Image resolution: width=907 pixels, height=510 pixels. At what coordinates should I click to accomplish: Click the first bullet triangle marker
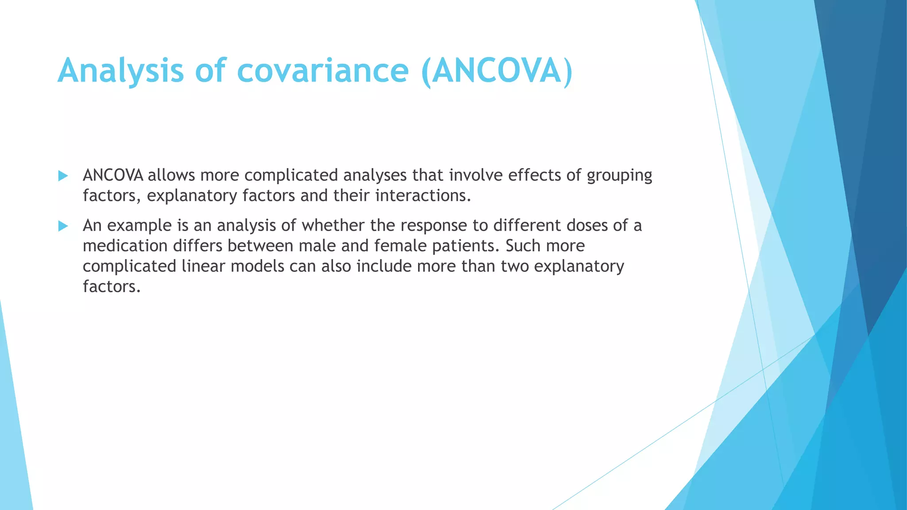coord(63,176)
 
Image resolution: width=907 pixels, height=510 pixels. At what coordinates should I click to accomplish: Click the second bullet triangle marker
coord(63,226)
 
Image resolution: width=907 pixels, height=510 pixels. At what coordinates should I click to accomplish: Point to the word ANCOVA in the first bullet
coord(113,175)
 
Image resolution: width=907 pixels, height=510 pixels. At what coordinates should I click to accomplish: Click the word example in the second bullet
coord(140,226)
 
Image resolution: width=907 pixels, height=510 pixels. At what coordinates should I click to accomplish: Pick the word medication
coord(125,246)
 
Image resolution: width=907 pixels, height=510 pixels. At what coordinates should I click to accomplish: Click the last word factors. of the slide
coord(112,286)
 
